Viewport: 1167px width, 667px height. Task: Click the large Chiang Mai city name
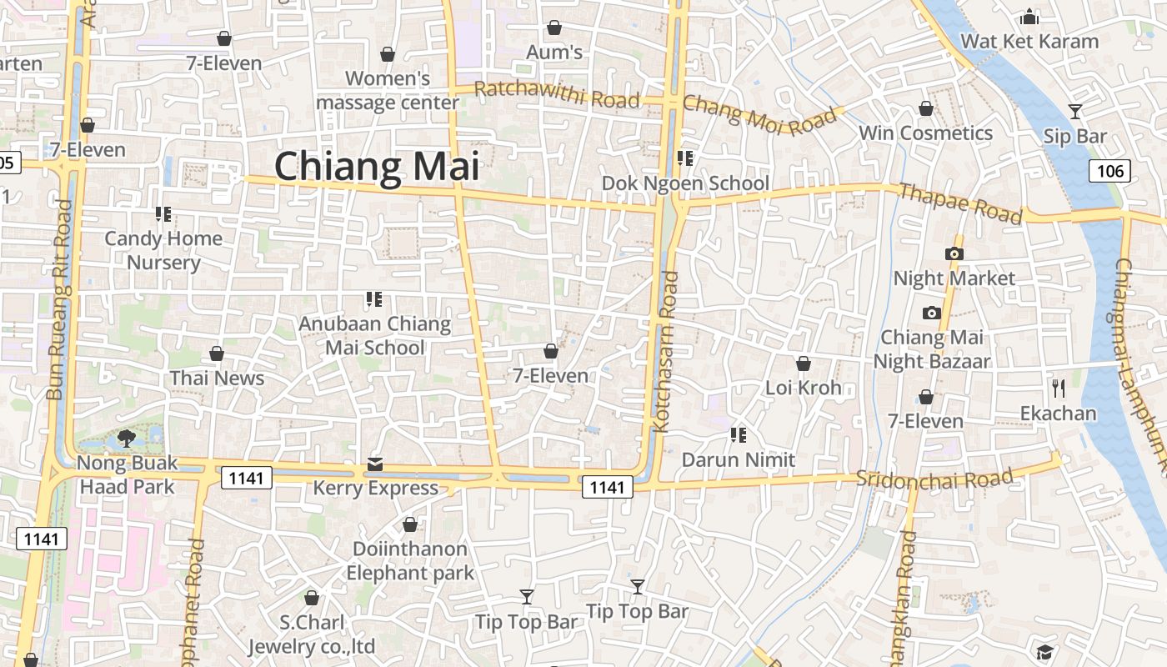(377, 165)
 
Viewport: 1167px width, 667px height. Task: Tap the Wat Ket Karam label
(1029, 41)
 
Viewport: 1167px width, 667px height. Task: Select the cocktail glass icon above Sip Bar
(1075, 111)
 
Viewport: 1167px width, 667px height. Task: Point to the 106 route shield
(1109, 172)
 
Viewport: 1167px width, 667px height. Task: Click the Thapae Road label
(960, 203)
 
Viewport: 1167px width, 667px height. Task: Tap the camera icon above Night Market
(954, 253)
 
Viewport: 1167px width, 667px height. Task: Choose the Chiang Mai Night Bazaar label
(932, 349)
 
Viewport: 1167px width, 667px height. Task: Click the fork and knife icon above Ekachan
(1059, 388)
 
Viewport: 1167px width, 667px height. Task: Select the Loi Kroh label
(804, 388)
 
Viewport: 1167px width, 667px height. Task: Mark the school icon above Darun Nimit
(738, 434)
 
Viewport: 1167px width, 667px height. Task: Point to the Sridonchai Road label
(934, 479)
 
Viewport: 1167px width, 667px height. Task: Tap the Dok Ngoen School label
(685, 183)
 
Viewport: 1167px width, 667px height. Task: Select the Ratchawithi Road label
(557, 95)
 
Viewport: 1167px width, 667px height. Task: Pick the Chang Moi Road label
(759, 115)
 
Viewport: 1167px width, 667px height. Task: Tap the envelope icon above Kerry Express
(375, 464)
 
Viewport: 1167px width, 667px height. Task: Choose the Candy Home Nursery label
(163, 250)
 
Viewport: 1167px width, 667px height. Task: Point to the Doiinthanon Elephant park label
(410, 561)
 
